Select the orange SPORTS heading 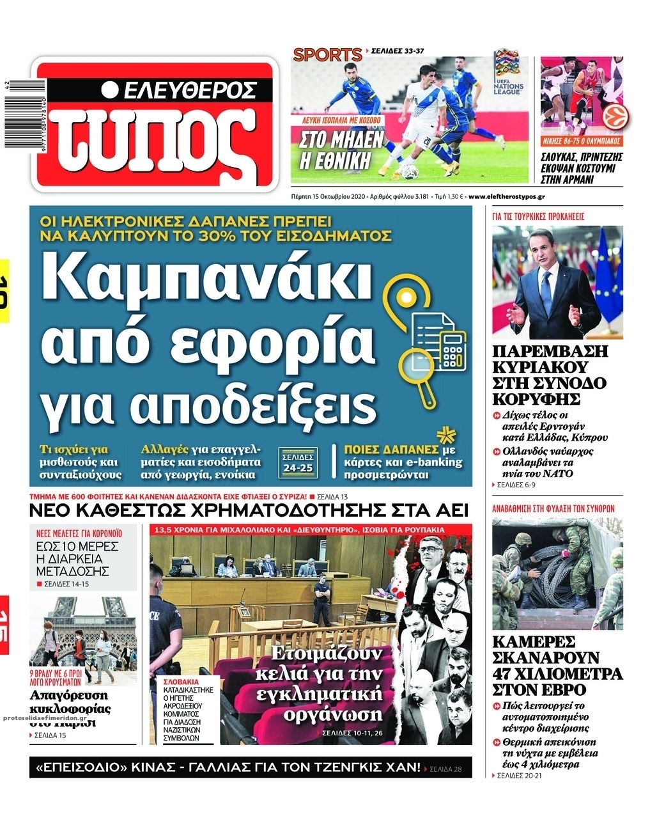pyautogui.click(x=327, y=55)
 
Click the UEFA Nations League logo pyautogui.click(x=508, y=71)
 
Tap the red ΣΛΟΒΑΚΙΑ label pyautogui.click(x=181, y=682)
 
